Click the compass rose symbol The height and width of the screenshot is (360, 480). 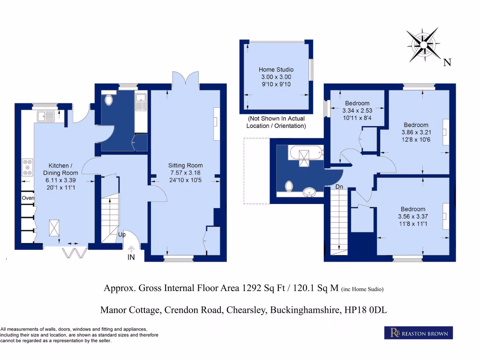pos(423,44)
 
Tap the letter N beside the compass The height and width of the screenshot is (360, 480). pos(447,62)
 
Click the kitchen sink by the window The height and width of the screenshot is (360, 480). pos(47,115)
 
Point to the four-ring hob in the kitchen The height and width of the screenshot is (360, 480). pos(27,167)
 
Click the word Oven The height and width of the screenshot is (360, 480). pos(28,199)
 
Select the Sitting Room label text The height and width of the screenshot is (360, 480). pos(186,165)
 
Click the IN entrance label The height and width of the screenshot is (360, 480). pos(131,257)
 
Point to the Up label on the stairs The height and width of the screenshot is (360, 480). pos(121,234)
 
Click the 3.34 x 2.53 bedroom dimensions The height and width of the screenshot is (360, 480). pos(357,111)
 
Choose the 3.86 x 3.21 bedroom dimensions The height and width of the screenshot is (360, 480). pos(416,132)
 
